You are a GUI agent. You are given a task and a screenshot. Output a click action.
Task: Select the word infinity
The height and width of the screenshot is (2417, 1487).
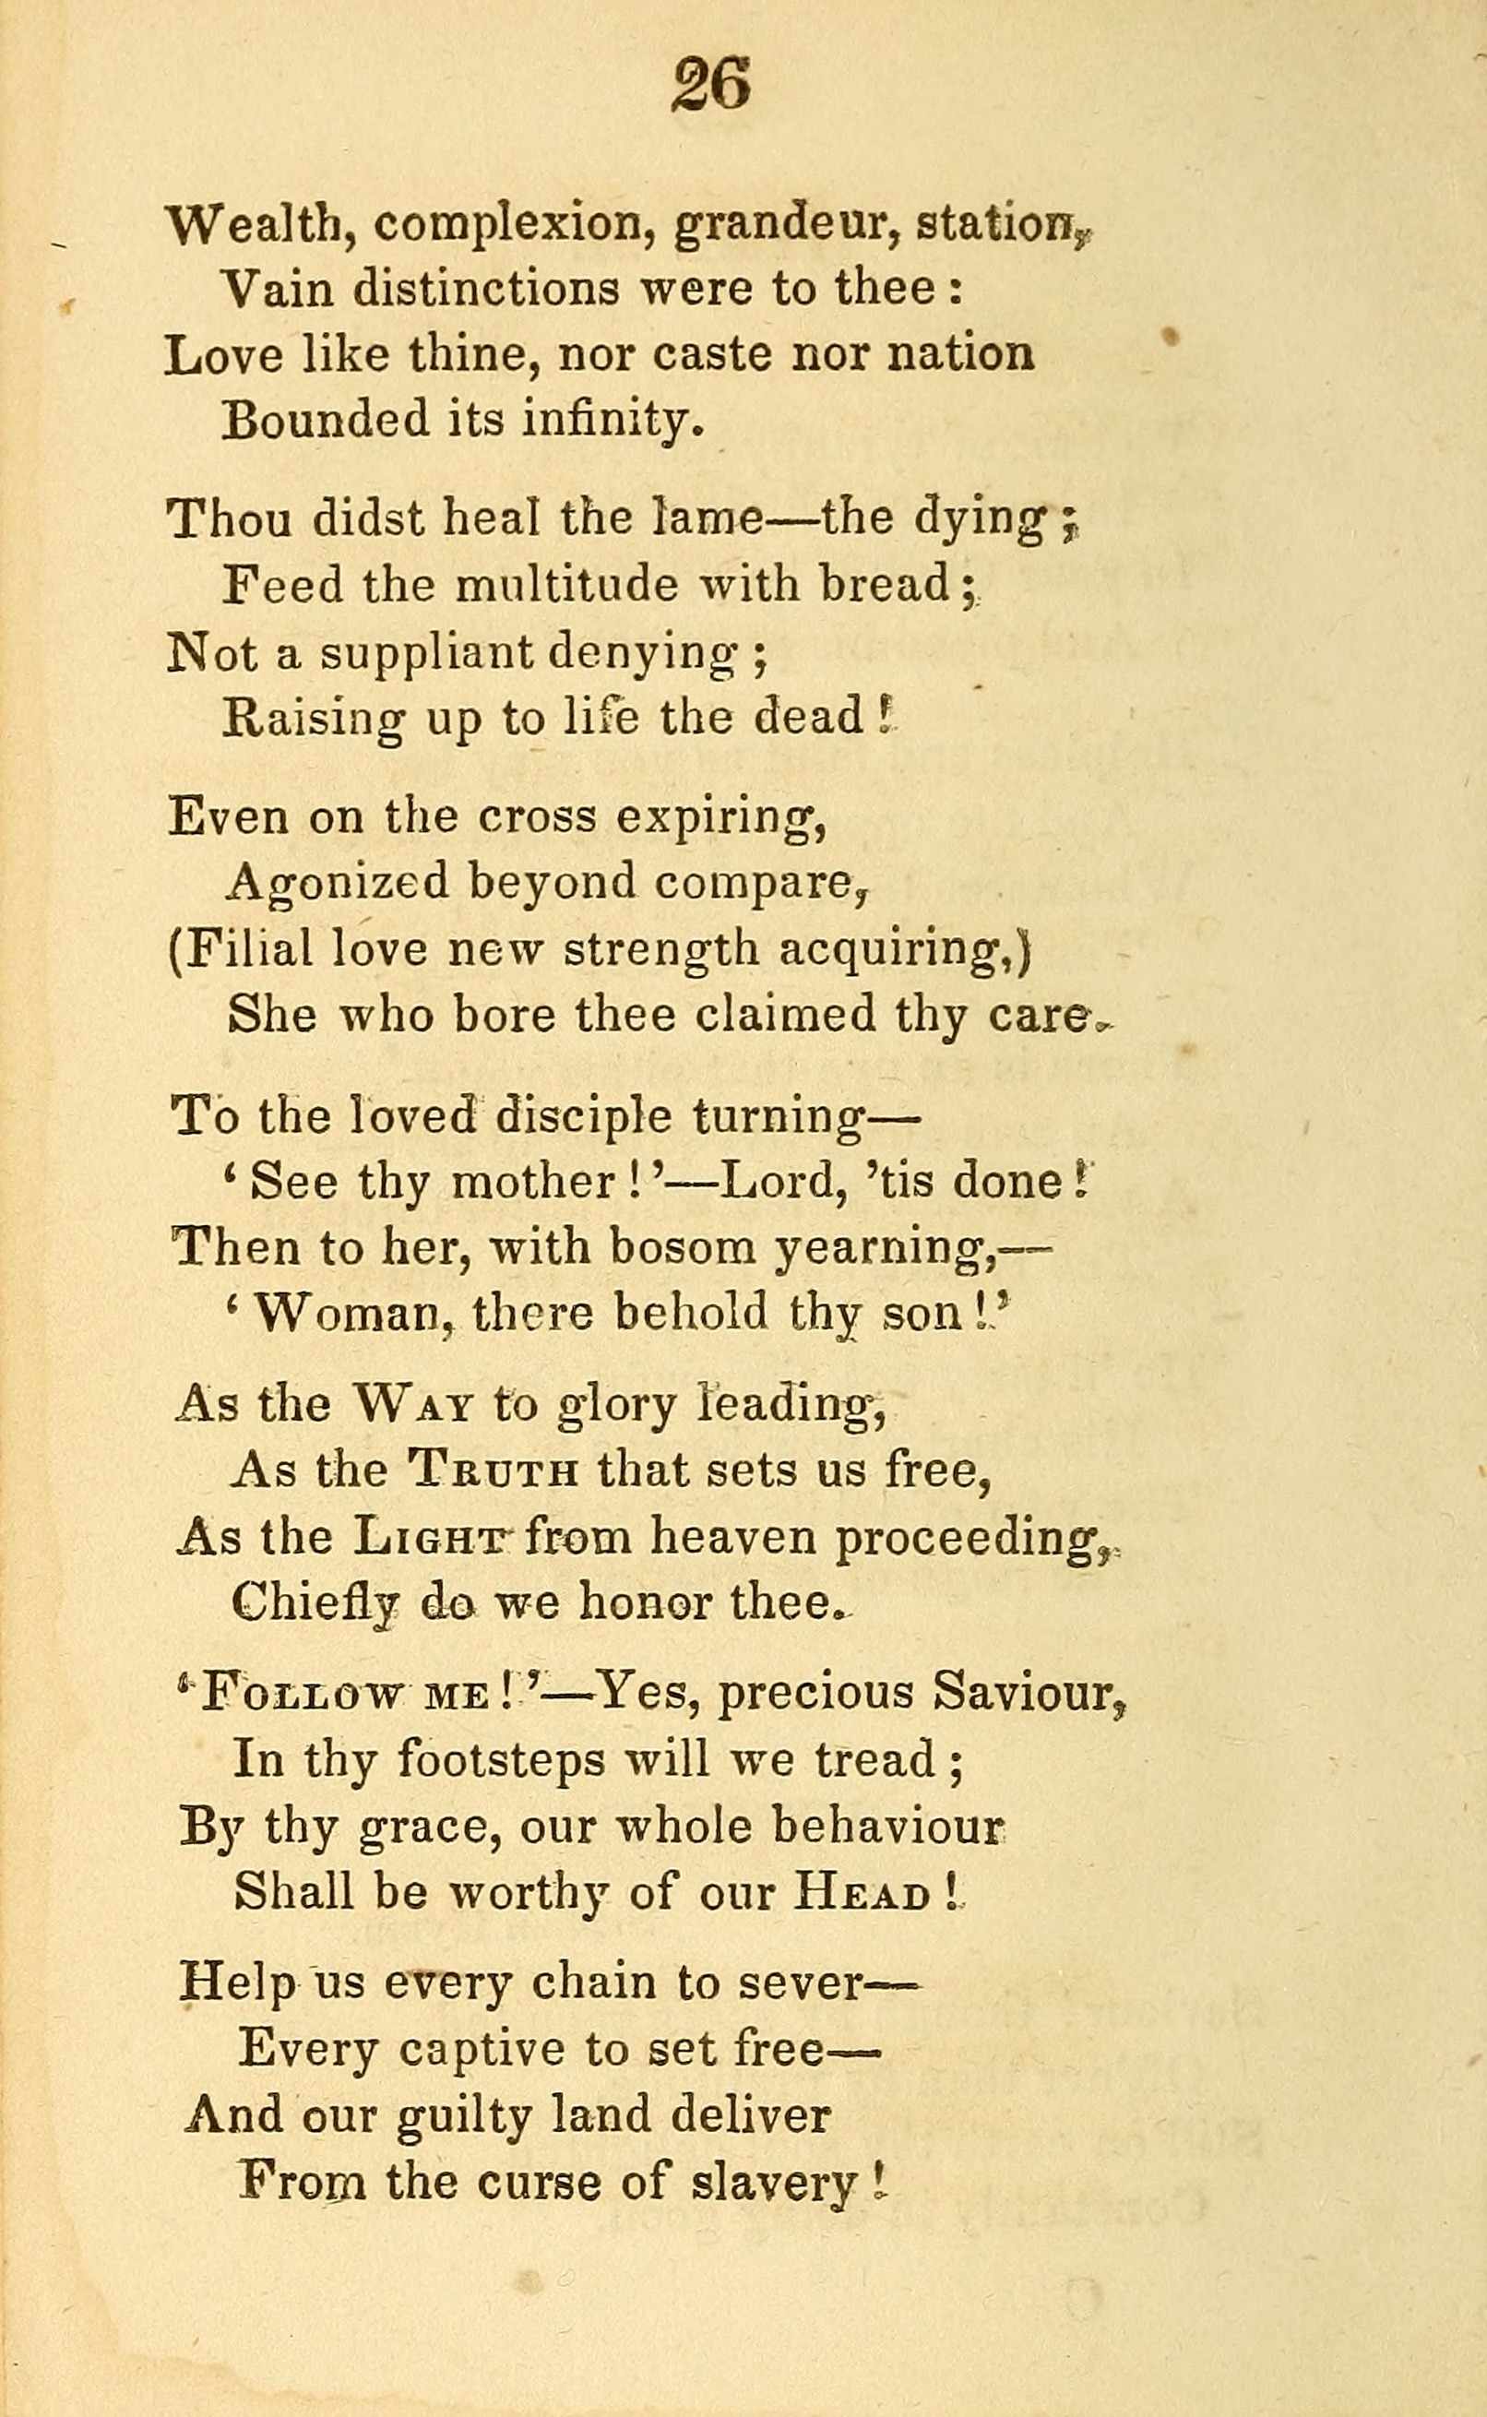pos(610,421)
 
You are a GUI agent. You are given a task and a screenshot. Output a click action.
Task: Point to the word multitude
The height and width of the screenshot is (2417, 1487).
pos(566,586)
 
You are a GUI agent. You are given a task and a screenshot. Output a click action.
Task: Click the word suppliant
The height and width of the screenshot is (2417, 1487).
pos(426,655)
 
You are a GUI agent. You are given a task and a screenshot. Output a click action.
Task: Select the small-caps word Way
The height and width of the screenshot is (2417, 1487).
pos(414,1405)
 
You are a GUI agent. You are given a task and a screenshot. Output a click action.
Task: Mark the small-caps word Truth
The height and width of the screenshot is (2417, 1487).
pos(492,1472)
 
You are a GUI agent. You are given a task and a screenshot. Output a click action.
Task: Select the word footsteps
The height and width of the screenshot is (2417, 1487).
pos(501,1760)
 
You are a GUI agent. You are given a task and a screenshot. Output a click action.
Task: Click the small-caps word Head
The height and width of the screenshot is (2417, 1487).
pos(862,1893)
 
